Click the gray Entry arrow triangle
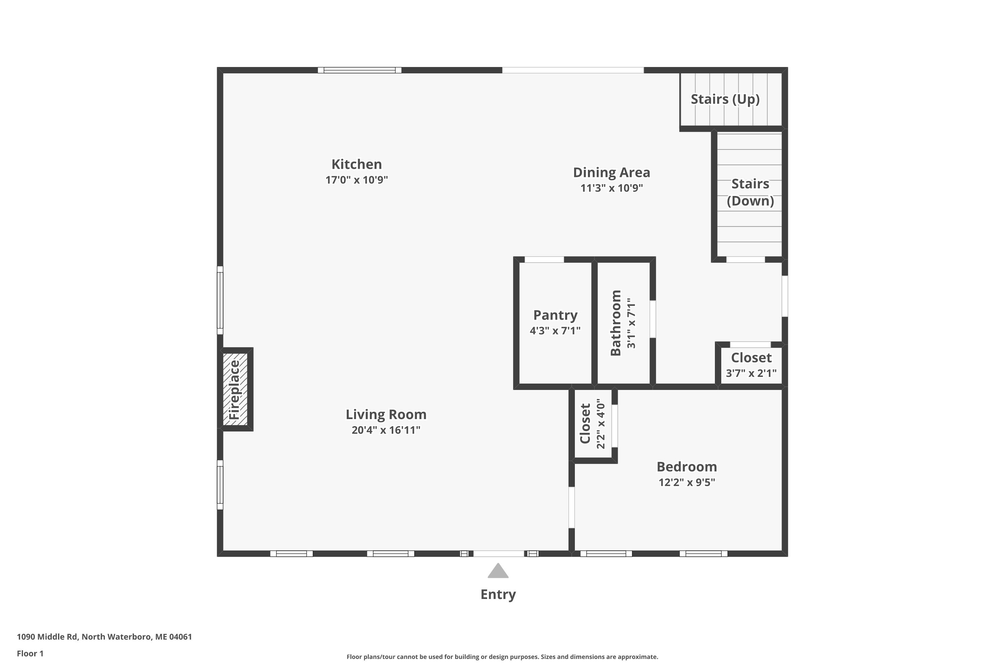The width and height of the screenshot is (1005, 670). click(498, 571)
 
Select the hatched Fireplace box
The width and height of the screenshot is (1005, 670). click(235, 389)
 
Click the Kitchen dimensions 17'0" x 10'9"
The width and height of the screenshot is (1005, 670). click(357, 180)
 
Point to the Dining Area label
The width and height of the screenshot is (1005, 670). click(611, 173)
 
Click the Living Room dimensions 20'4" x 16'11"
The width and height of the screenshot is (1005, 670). click(386, 430)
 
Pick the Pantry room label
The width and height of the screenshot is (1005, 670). click(555, 315)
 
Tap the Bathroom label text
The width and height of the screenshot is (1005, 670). click(616, 323)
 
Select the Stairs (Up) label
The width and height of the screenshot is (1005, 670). click(725, 99)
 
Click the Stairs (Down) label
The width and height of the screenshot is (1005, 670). click(750, 192)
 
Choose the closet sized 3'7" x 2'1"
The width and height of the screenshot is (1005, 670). click(751, 365)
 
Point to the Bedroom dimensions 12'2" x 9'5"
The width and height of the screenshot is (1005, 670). click(687, 482)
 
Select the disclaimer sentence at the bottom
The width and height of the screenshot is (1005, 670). click(502, 657)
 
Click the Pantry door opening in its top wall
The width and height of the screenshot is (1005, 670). click(544, 259)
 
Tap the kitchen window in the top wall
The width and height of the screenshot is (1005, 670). click(359, 70)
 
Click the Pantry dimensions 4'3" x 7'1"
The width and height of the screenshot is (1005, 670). click(555, 331)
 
